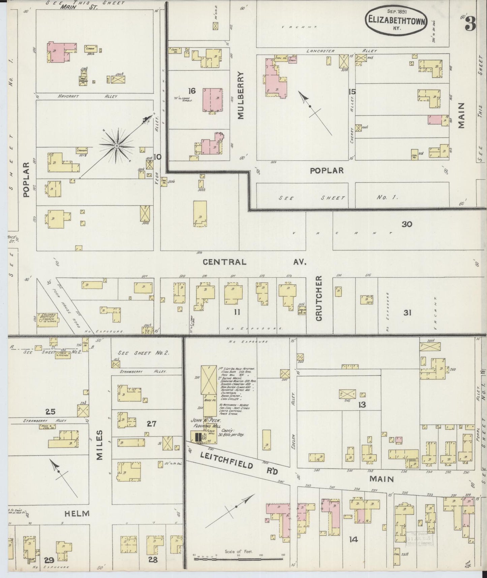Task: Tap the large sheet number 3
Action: click(x=470, y=24)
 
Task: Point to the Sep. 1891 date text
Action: click(x=396, y=11)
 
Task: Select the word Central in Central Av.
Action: click(x=224, y=262)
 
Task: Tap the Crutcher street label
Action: click(x=319, y=298)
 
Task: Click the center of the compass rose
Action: click(x=117, y=146)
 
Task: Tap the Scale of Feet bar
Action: click(x=238, y=558)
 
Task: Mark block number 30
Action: click(x=407, y=224)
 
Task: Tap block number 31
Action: click(x=407, y=313)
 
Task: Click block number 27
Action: click(x=152, y=424)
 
